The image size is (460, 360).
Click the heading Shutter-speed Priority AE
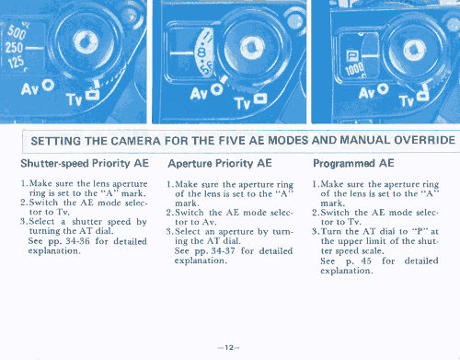[x=85, y=164]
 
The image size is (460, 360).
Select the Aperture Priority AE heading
[x=220, y=164]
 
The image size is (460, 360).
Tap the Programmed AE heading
[x=353, y=163]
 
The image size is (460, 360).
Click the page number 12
[x=229, y=347]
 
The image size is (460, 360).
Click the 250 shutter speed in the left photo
[x=14, y=48]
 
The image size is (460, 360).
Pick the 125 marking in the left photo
[x=16, y=62]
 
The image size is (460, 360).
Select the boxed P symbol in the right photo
[x=351, y=56]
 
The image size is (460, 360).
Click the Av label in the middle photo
[x=199, y=93]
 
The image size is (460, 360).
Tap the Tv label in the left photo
[x=75, y=99]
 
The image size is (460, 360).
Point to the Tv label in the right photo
[x=407, y=99]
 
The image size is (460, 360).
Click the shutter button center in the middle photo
[x=252, y=48]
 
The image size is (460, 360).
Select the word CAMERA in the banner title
[x=135, y=141]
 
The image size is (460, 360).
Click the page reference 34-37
[x=224, y=251]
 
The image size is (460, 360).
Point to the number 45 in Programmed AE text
[x=366, y=261]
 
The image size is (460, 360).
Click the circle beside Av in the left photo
[x=48, y=85]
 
